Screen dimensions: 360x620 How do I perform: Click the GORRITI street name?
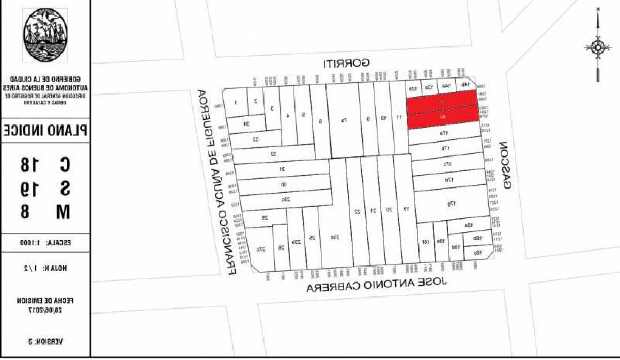point(346,64)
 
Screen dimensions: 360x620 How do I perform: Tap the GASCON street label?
point(506,165)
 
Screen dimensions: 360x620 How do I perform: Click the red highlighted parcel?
point(442,109)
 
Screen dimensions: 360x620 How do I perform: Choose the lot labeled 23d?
point(335,237)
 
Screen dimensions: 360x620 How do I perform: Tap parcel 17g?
point(451,204)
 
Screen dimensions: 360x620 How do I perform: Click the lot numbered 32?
point(274,153)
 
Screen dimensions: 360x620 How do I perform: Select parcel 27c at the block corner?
point(261,249)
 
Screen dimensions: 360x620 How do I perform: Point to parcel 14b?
point(464,84)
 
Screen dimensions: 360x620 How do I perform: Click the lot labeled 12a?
point(413,88)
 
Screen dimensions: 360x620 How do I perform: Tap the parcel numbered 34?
point(246,123)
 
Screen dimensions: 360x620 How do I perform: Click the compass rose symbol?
point(598,48)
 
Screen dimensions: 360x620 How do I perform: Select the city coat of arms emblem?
point(45,35)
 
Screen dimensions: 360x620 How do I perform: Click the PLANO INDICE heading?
point(45,130)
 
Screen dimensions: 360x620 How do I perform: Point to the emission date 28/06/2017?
point(45,308)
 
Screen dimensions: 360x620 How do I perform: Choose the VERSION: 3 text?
point(45,341)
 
